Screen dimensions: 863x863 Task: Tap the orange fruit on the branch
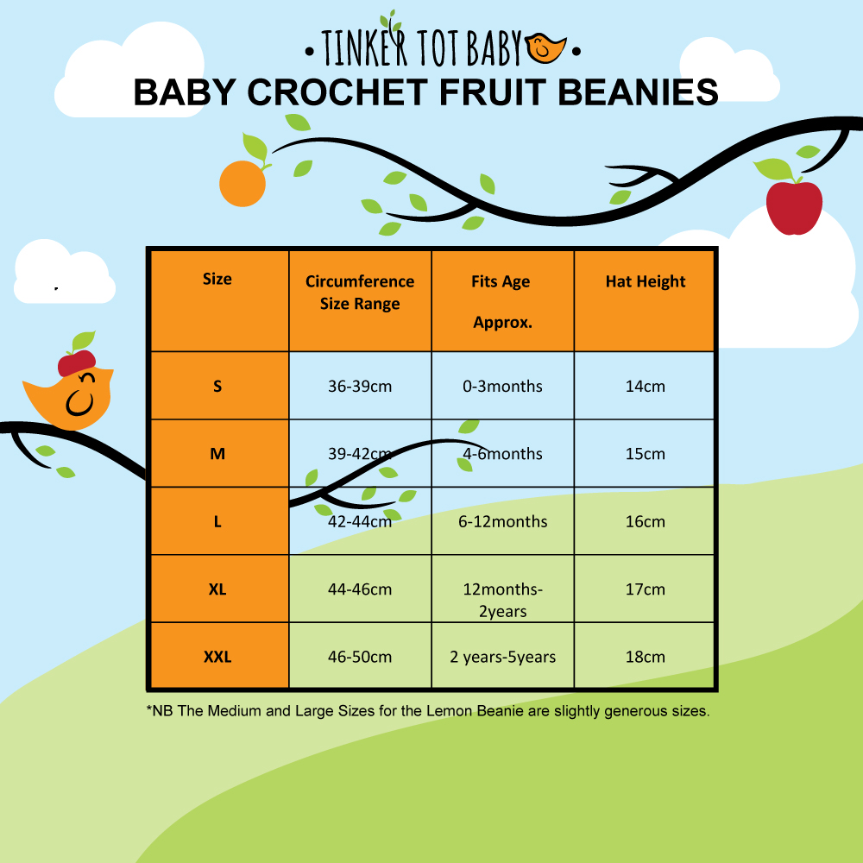tap(243, 184)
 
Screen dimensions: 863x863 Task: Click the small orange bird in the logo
tap(545, 47)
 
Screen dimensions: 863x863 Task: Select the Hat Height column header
tap(645, 282)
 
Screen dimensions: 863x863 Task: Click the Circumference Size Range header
tap(360, 293)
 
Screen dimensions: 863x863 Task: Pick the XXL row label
tap(217, 657)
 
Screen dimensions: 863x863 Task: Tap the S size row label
tap(217, 387)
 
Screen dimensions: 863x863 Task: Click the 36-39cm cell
tap(360, 387)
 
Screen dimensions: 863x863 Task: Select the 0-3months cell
tap(502, 387)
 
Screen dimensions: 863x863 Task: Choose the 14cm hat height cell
tap(645, 387)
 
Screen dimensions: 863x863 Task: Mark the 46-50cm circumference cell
tap(360, 657)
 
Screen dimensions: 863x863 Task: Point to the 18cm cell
tap(645, 657)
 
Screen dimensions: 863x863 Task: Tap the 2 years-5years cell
tap(502, 657)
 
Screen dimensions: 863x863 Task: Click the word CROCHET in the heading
tap(337, 92)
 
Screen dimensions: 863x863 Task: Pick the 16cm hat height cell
tap(645, 521)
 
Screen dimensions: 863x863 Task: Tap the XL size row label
tap(217, 589)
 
